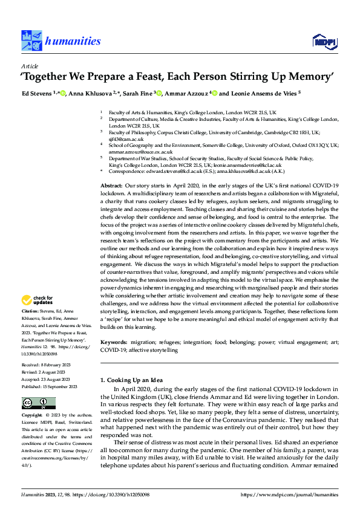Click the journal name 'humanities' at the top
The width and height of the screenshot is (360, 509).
[73, 41]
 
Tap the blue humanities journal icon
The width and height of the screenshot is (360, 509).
[31, 41]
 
